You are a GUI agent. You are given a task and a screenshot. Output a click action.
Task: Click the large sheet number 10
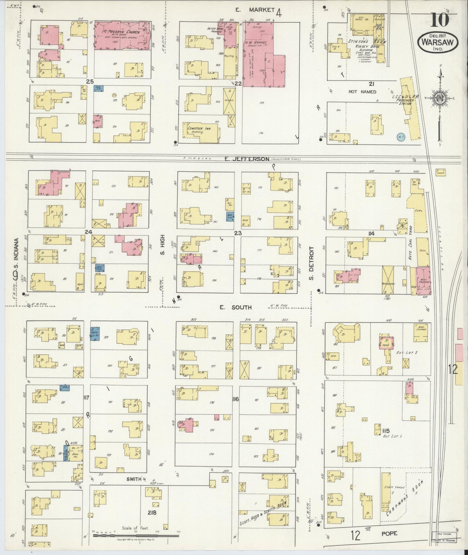[439, 20]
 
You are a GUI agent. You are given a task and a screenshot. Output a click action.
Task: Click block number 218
[151, 513]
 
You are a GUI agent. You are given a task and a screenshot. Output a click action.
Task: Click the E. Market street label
[255, 10]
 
